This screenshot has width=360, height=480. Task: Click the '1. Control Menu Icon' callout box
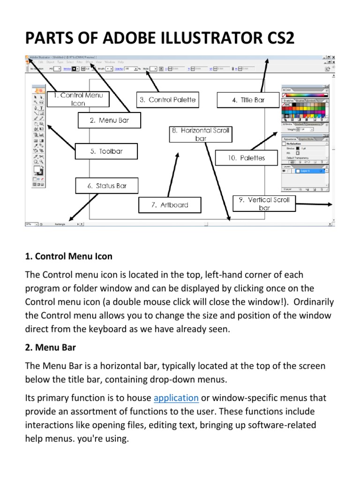pos(78,99)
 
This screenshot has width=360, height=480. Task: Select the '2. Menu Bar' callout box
pos(109,120)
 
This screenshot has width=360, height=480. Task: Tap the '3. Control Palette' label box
pos(167,99)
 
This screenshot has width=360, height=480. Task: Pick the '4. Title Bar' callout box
pos(248,100)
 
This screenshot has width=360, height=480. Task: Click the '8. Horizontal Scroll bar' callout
pos(201,134)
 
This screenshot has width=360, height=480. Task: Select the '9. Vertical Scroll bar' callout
pos(264,203)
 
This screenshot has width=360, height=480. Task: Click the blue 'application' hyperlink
pos(176,398)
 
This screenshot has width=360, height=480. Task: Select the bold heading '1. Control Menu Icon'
pos(67,257)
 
